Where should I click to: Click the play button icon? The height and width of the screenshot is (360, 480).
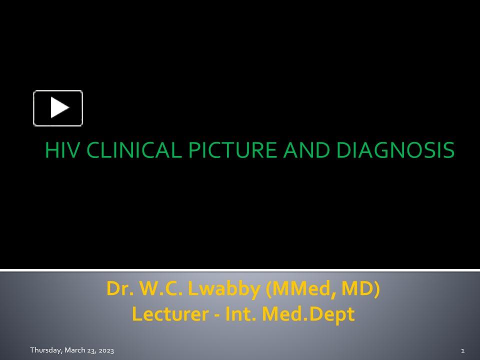[58, 108]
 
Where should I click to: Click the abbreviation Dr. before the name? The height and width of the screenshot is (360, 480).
[117, 289]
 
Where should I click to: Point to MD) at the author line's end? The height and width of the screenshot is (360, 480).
[361, 289]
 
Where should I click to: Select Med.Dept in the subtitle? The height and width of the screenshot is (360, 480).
[308, 314]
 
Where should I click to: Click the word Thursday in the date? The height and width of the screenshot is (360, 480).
[45, 350]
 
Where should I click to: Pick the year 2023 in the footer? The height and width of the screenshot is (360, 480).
[105, 350]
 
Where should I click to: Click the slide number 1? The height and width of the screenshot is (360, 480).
[463, 350]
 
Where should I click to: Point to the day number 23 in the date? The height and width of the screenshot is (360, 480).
[90, 350]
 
